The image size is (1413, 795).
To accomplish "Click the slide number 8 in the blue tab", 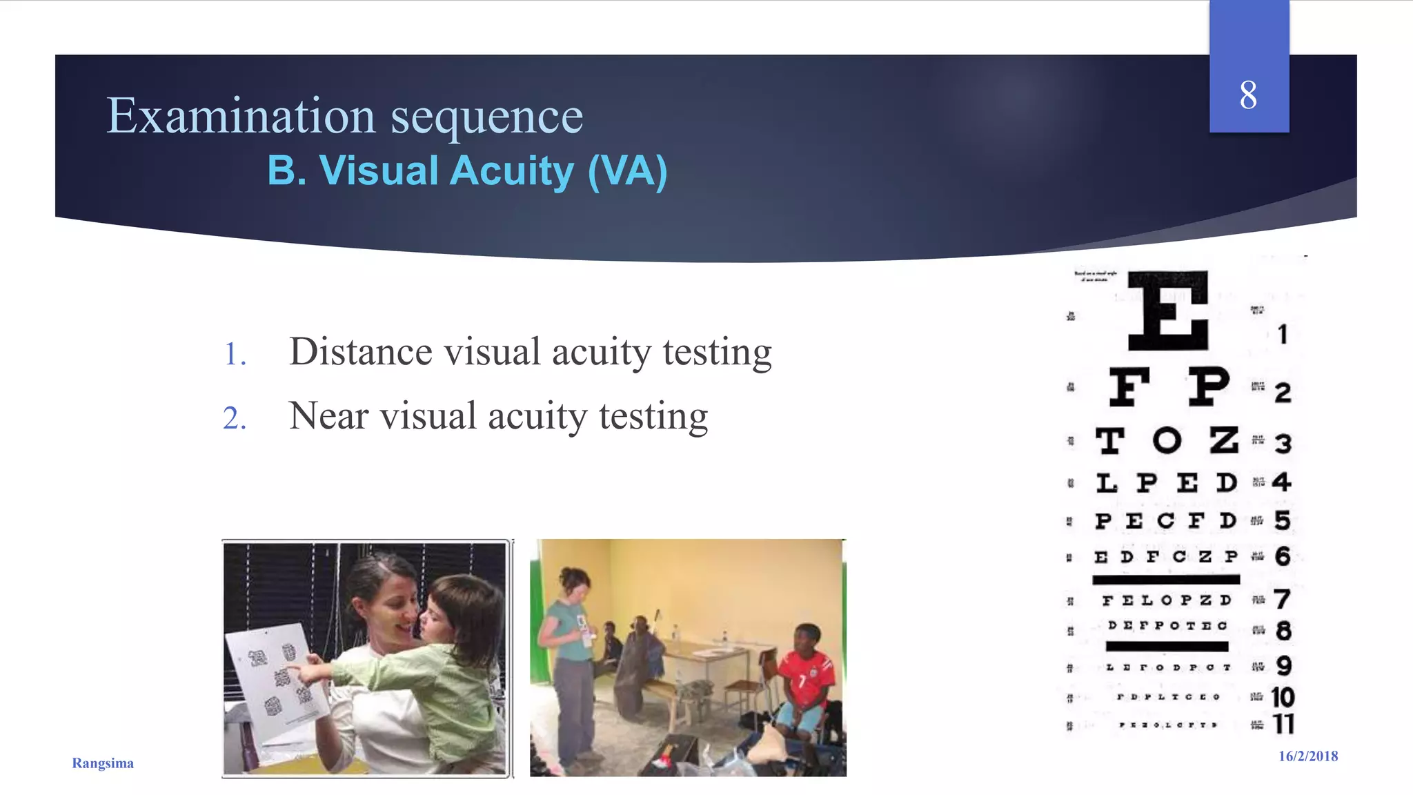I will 1248,95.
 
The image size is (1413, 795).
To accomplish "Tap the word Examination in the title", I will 241,116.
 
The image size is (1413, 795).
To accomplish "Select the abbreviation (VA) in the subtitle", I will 627,171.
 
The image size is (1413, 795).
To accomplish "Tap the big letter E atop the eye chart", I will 1168,311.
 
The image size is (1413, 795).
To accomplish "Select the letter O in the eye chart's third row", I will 1167,440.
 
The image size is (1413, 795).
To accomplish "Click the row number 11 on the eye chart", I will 1283,724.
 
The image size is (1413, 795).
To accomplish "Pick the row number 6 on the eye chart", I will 1283,556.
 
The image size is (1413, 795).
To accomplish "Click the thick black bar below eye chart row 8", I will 1167,647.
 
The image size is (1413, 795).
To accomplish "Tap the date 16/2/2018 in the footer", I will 1308,756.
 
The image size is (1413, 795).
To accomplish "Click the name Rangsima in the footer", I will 103,763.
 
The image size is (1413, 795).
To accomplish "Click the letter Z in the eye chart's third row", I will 1224,440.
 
